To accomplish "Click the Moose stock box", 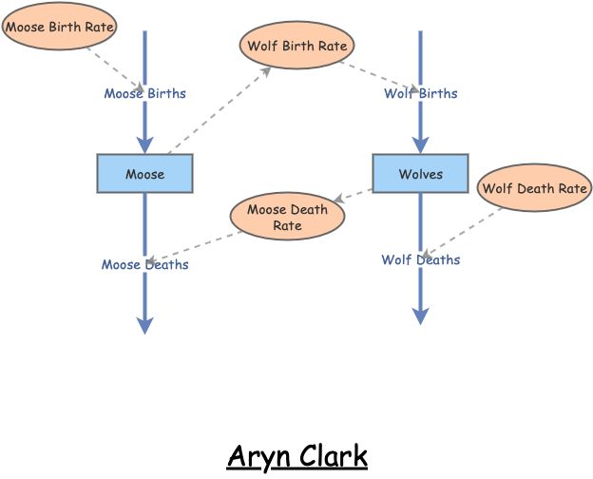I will click(x=144, y=174).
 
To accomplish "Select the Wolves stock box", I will click(x=420, y=174).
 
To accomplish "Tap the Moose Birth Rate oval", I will click(x=59, y=27).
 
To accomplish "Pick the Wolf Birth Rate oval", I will click(x=296, y=46).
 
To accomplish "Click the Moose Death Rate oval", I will click(x=287, y=217).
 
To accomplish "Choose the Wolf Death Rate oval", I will click(x=534, y=188).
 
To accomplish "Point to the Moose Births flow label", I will click(x=144, y=93).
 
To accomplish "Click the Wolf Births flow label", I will click(x=420, y=93).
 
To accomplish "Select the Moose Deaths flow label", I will click(x=144, y=264).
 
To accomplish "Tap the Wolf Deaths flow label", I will click(x=420, y=259).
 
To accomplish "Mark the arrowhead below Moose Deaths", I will click(x=144, y=325).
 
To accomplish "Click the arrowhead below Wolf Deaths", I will click(x=420, y=316).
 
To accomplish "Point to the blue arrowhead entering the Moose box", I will click(x=144, y=144).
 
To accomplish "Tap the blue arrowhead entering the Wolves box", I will click(x=420, y=144).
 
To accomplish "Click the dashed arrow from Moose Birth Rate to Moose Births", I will click(x=114, y=69).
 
